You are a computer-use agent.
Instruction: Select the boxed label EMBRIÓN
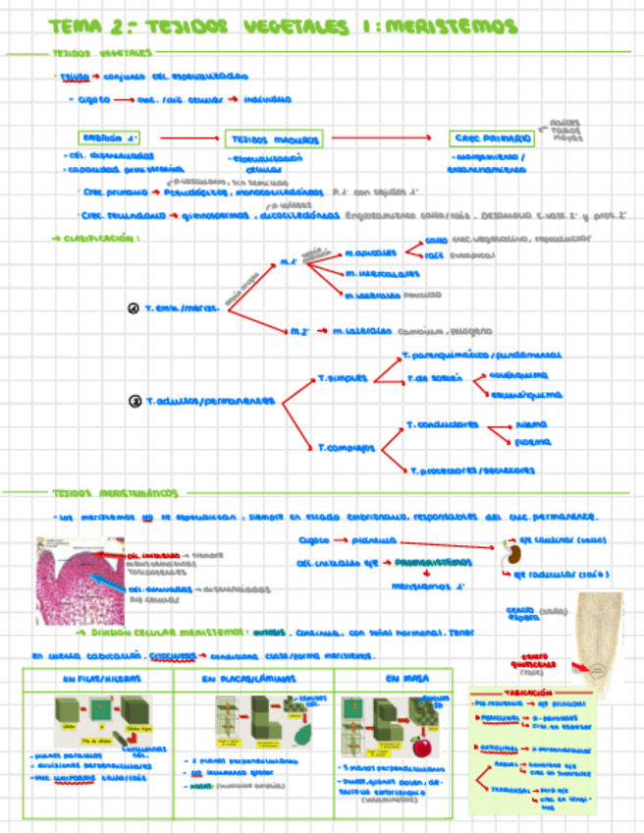pyautogui.click(x=112, y=139)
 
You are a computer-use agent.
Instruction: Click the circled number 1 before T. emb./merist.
pyautogui.click(x=134, y=308)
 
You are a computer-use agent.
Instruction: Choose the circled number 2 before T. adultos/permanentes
pyautogui.click(x=134, y=401)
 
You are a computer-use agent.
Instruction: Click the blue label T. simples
pyautogui.click(x=343, y=376)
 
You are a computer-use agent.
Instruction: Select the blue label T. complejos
pyautogui.click(x=346, y=448)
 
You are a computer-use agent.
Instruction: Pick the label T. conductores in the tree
pyautogui.click(x=442, y=425)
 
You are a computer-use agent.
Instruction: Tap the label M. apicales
pyautogui.click(x=370, y=252)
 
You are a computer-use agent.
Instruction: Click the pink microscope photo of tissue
pyautogui.click(x=78, y=580)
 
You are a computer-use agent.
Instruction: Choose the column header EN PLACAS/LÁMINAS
pyautogui.click(x=253, y=678)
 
